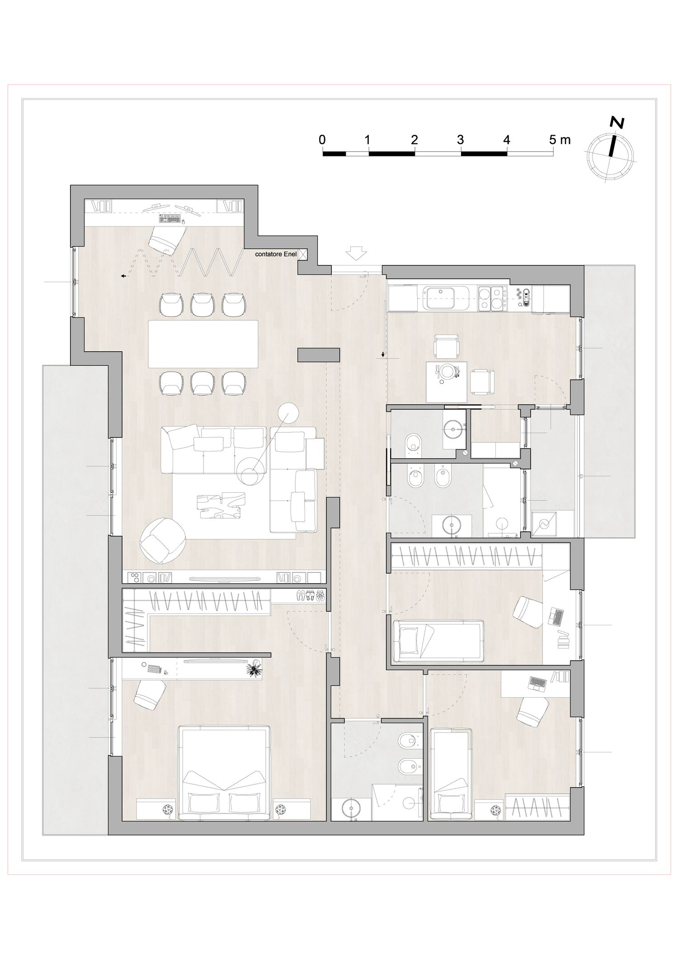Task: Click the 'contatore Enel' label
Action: (276, 255)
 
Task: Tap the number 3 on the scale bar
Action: (460, 140)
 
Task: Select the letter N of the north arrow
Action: (617, 123)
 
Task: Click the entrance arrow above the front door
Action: (357, 253)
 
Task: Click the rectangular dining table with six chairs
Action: (203, 344)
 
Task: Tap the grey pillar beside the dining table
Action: (319, 354)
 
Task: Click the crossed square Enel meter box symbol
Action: (303, 255)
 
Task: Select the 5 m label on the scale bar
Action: (560, 140)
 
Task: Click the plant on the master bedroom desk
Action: (255, 669)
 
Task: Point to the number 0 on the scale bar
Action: (322, 140)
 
